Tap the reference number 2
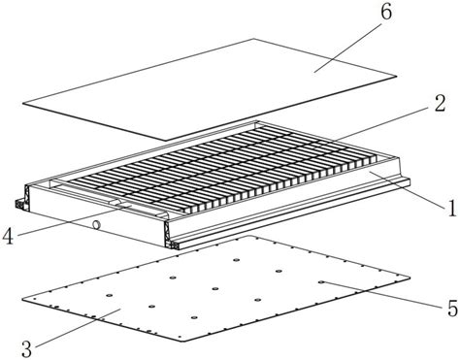coord(440,104)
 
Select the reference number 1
coord(451,208)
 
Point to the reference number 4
coord(8,237)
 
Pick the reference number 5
coord(452,308)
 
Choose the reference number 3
coord(27,348)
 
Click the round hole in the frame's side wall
coord(96,224)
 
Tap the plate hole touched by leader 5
coord(321,281)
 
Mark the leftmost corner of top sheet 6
coord(22,104)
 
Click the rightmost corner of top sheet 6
coord(397,77)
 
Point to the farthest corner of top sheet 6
coord(253,39)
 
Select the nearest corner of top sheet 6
coord(166,141)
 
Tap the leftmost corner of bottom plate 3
coord(22,300)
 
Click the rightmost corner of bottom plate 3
coord(411,278)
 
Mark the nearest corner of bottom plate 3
coord(181,341)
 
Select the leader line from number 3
coord(79,328)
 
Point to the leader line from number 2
coord(382,124)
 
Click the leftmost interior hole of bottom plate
coord(109,296)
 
